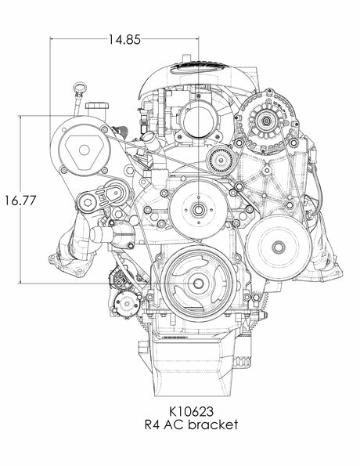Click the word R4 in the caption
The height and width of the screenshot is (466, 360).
tap(153, 424)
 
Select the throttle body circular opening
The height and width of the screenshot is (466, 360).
tap(196, 118)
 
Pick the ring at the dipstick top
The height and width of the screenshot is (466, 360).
tap(79, 86)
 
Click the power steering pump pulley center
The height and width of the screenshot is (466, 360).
tap(276, 247)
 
